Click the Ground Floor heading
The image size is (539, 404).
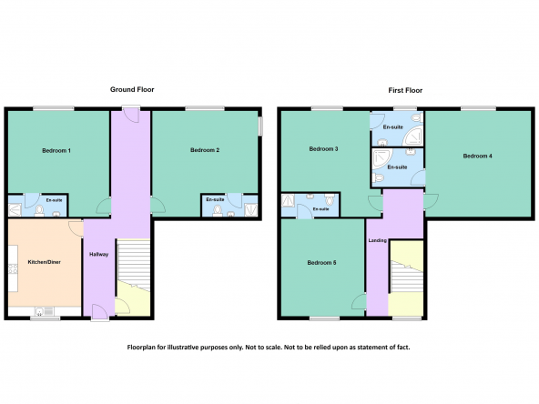coord(132,90)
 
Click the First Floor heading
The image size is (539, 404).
coord(405,90)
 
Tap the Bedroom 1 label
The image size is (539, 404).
coord(56,150)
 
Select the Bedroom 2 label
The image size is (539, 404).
coord(205,150)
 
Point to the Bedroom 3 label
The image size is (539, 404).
coord(323,148)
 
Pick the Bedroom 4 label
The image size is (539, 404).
coord(477,156)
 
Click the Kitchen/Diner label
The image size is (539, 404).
coord(44,262)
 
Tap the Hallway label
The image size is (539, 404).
coord(99,254)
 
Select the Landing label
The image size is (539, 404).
coord(378,240)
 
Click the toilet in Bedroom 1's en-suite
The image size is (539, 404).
coord(39,210)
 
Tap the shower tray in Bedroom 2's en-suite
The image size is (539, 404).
coord(250,209)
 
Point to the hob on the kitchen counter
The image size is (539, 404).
coord(13,268)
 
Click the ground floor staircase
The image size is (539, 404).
coord(134,265)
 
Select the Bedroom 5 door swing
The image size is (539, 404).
coord(360,301)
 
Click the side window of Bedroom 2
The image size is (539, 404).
coord(260,126)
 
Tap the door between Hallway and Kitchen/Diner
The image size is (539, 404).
coord(76,228)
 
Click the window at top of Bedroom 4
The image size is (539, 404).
coord(478,108)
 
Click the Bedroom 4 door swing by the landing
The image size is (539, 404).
coord(431,202)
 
